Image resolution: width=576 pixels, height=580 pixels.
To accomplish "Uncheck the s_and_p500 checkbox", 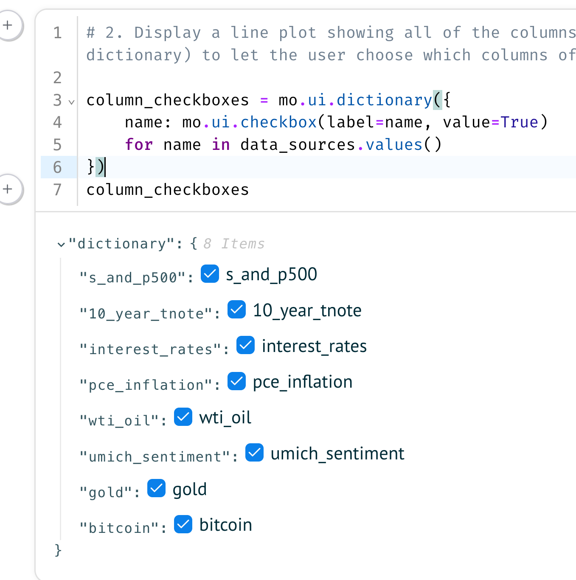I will pyautogui.click(x=210, y=274).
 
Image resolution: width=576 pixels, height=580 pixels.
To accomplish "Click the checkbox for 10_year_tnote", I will pyautogui.click(x=236, y=310).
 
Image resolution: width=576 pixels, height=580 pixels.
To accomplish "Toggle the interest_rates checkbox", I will pyautogui.click(x=245, y=345).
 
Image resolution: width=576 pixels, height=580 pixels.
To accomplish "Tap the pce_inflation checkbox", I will pyautogui.click(x=236, y=381).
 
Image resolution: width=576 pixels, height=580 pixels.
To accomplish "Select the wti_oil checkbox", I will pyautogui.click(x=183, y=417).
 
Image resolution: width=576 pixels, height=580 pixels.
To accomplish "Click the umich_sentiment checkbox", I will pyautogui.click(x=254, y=453).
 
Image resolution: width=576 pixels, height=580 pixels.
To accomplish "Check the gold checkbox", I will pyautogui.click(x=156, y=488).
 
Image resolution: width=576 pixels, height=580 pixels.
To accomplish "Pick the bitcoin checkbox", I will pyautogui.click(x=183, y=524).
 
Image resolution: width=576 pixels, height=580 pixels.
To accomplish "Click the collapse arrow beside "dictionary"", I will pyautogui.click(x=61, y=245).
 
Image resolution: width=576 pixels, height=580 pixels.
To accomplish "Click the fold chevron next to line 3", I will pyautogui.click(x=72, y=102).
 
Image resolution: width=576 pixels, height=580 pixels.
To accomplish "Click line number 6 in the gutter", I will pyautogui.click(x=57, y=167).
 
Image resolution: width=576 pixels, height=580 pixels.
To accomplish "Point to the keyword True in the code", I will pyautogui.click(x=519, y=122).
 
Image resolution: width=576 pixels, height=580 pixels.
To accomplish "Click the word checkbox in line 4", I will pyautogui.click(x=278, y=122).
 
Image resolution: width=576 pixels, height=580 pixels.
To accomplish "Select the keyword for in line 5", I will pyautogui.click(x=138, y=145).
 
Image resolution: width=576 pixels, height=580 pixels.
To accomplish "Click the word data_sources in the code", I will pyautogui.click(x=298, y=145).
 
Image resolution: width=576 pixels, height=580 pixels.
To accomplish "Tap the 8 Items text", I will pyautogui.click(x=234, y=244).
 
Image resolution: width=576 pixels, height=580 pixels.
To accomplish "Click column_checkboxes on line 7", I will pyautogui.click(x=168, y=190).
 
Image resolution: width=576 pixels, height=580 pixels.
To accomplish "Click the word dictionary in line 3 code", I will pyautogui.click(x=384, y=100).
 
